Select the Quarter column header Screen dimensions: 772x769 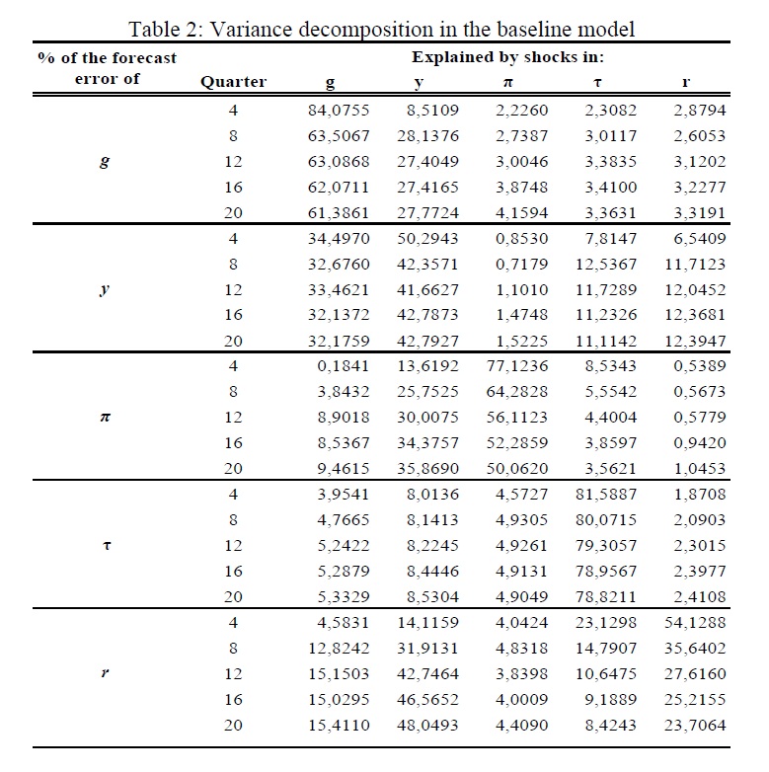tap(233, 82)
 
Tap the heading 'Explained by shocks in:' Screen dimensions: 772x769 tap(508, 57)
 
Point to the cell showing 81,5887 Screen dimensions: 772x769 tap(606, 494)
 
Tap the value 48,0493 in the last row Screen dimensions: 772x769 tap(427, 725)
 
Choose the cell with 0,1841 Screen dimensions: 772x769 tap(340, 366)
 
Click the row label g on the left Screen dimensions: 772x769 tap(106, 162)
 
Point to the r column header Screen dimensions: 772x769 tap(685, 82)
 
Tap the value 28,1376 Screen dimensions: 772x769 tap(427, 136)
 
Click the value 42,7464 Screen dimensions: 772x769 tap(427, 673)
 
